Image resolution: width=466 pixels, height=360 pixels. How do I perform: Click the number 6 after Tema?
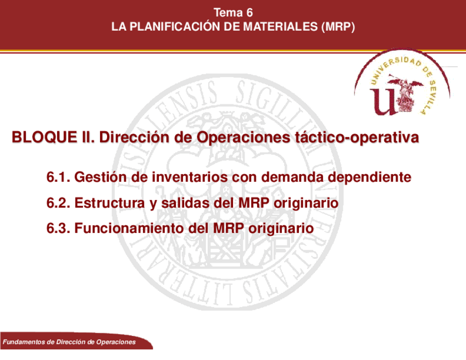(249, 13)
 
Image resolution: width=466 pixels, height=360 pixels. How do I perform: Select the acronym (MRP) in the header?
(338, 27)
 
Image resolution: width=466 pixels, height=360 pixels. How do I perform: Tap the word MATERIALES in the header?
(281, 27)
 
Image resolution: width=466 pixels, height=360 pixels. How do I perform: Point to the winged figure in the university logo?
(406, 93)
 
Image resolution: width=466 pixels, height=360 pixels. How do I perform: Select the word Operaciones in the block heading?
(243, 137)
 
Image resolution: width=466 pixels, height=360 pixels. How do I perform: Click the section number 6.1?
(58, 177)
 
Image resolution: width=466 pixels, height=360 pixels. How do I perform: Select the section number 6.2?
(58, 203)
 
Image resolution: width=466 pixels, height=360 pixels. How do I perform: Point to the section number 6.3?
(58, 229)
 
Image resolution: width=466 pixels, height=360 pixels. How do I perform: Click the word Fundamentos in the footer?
(24, 342)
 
